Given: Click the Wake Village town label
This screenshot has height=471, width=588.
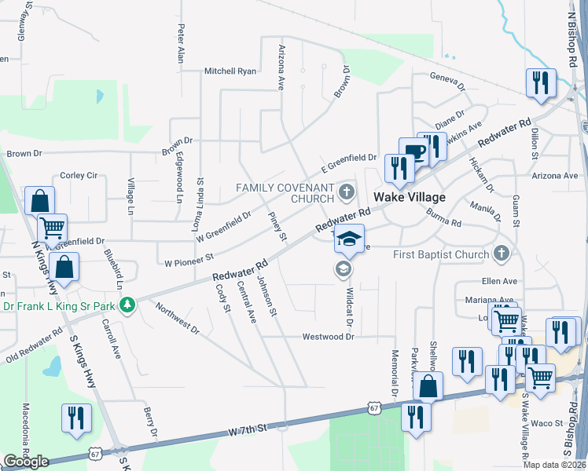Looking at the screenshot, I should point(409,197).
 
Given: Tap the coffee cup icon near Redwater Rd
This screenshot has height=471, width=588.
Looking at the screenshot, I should point(413,152).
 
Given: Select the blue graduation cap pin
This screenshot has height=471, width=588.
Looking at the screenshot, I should point(349,239).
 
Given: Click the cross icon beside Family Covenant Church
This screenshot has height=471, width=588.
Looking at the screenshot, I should point(345,192).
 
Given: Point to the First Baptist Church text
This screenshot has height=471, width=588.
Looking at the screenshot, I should point(440,254).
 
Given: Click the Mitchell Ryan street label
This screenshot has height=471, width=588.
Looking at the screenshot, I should point(230,71).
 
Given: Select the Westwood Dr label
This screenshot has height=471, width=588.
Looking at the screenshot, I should point(329,336).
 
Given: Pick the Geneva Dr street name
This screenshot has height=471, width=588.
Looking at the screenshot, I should point(447,77).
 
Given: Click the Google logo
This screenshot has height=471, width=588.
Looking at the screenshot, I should point(26,462).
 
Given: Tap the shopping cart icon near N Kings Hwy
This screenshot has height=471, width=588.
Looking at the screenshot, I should point(52,228).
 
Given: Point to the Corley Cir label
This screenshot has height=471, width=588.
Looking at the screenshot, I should point(78,175).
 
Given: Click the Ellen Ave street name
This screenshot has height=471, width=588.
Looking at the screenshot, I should point(500,281).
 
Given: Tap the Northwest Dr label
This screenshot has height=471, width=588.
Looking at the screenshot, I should point(177,318).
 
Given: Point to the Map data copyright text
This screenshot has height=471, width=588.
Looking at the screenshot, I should point(553,465).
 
